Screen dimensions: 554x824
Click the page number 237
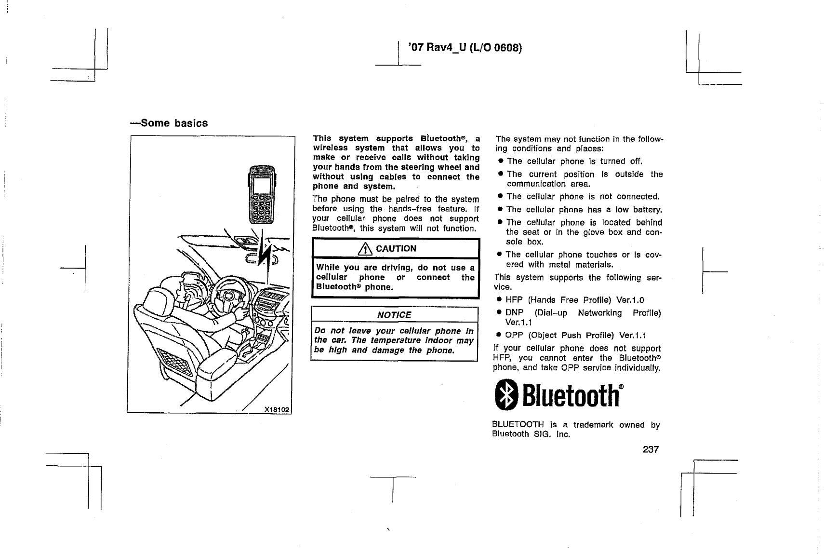point(650,449)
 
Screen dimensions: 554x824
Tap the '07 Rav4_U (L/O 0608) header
point(465,47)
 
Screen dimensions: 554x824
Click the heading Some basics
point(169,123)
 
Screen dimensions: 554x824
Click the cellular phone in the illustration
point(261,195)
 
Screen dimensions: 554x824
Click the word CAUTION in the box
point(396,249)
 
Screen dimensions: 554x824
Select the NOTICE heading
point(394,315)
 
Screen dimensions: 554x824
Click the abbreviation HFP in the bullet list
point(514,300)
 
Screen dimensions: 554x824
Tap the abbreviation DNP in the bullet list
point(514,313)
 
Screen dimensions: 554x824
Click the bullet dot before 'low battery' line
point(501,210)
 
